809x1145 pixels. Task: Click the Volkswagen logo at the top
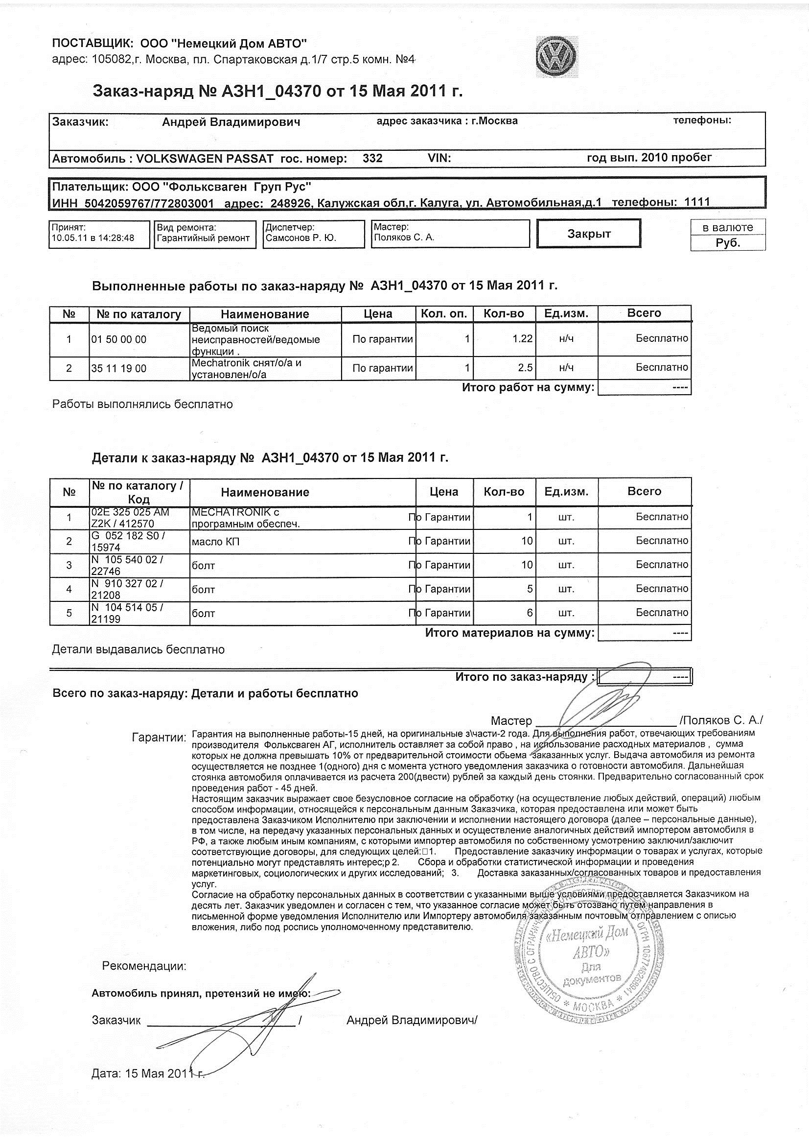pyautogui.click(x=557, y=56)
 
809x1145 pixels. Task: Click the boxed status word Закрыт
pyautogui.click(x=589, y=234)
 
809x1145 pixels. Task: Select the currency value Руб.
pyautogui.click(x=728, y=243)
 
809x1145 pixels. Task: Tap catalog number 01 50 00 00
pyautogui.click(x=119, y=339)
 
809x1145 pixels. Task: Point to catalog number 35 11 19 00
pyautogui.click(x=119, y=369)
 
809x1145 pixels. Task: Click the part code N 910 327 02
pyautogui.click(x=127, y=583)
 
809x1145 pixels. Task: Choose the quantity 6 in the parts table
pyautogui.click(x=530, y=613)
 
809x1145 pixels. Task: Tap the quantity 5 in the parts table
pyautogui.click(x=530, y=589)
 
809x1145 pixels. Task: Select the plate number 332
pyautogui.click(x=372, y=159)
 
